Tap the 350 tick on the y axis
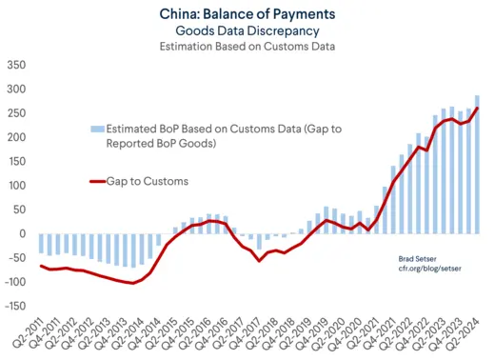17,66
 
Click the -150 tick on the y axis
15,306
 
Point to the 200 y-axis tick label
17,138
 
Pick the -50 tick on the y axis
17,257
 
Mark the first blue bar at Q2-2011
41,244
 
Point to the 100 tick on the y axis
17,186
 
